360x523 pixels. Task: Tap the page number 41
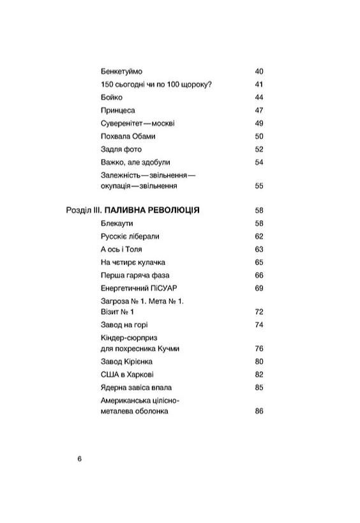tap(259, 84)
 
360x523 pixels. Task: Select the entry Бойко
tap(112, 97)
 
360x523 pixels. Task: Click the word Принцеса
tap(118, 110)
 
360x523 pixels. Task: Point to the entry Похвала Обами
tap(128, 136)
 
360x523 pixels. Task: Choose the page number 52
tap(259, 149)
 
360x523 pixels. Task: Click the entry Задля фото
tap(121, 149)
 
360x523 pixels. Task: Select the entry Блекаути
tap(117, 223)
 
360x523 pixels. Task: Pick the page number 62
tap(259, 236)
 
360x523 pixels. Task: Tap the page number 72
tap(259, 312)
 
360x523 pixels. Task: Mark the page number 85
tap(259, 387)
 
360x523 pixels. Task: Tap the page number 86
tap(259, 411)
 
